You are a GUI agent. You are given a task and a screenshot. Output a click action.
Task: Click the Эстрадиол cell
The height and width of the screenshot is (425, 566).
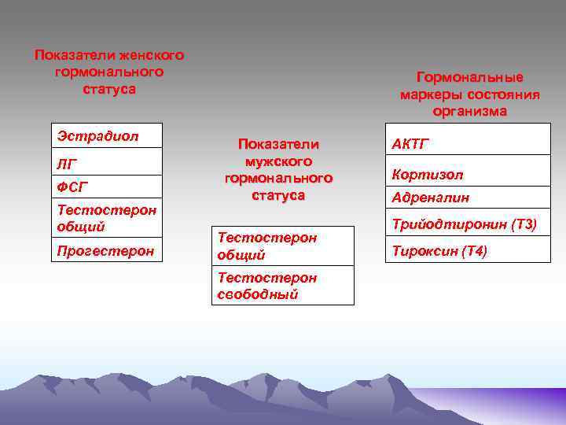[106, 136]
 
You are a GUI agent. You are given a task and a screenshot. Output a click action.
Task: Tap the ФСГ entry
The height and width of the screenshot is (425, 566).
[106, 187]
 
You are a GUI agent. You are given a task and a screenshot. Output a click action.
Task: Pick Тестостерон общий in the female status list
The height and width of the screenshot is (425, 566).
[106, 218]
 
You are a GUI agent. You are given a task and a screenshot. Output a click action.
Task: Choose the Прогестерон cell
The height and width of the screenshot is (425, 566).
[106, 250]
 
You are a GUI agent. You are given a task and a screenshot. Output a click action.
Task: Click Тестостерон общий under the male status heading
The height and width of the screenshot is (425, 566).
[284, 246]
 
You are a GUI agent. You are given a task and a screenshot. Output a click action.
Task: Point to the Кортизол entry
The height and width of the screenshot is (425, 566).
[467, 174]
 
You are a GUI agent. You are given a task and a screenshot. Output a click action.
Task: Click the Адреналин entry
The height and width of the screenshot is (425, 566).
[467, 198]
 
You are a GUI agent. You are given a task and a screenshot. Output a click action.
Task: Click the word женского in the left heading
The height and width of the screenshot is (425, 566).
[151, 56]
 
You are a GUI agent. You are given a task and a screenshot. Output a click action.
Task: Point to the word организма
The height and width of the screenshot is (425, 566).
[470, 112]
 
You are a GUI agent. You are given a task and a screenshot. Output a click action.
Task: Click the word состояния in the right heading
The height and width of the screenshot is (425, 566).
[501, 95]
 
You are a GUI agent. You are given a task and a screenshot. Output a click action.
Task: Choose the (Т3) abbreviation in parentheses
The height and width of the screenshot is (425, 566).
[524, 225]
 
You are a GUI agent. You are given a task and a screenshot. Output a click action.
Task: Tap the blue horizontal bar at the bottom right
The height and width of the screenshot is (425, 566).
[495, 397]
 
